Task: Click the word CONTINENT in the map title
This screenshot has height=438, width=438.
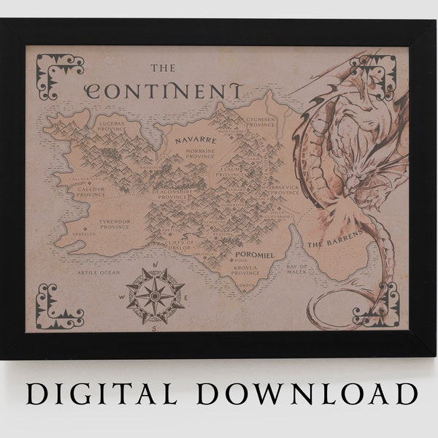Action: [164, 91]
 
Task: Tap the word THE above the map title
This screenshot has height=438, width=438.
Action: [163, 69]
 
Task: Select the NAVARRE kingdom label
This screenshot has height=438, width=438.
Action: [189, 137]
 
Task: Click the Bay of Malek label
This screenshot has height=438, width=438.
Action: [296, 271]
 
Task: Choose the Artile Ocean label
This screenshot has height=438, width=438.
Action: [98, 272]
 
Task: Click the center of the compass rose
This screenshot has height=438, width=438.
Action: [155, 295]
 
